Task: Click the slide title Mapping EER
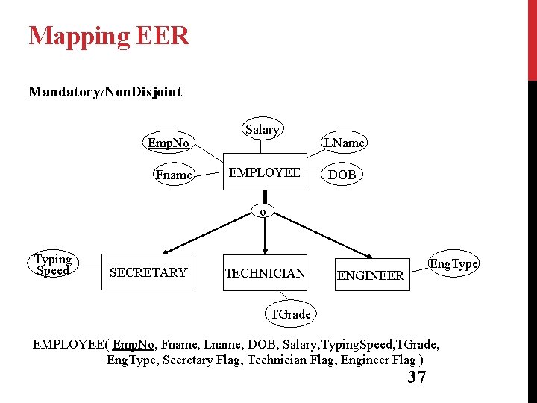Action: [x=109, y=36]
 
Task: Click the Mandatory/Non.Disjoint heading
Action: [x=104, y=92]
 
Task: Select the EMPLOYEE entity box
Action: [x=265, y=172]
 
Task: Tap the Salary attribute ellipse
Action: [x=262, y=129]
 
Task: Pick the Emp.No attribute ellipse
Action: [x=168, y=143]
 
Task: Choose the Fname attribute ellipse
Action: [x=174, y=175]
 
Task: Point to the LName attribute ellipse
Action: [x=343, y=142]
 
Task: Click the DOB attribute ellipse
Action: [x=342, y=174]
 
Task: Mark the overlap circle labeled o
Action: [x=263, y=211]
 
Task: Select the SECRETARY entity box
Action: [x=148, y=272]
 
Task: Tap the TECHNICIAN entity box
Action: [x=265, y=273]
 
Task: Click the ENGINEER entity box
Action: [x=371, y=275]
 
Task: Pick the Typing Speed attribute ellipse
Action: [x=53, y=265]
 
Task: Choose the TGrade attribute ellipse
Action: [x=290, y=314]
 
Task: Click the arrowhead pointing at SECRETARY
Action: [x=167, y=252]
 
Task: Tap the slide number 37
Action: [x=417, y=377]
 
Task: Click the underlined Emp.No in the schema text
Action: [x=134, y=344]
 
